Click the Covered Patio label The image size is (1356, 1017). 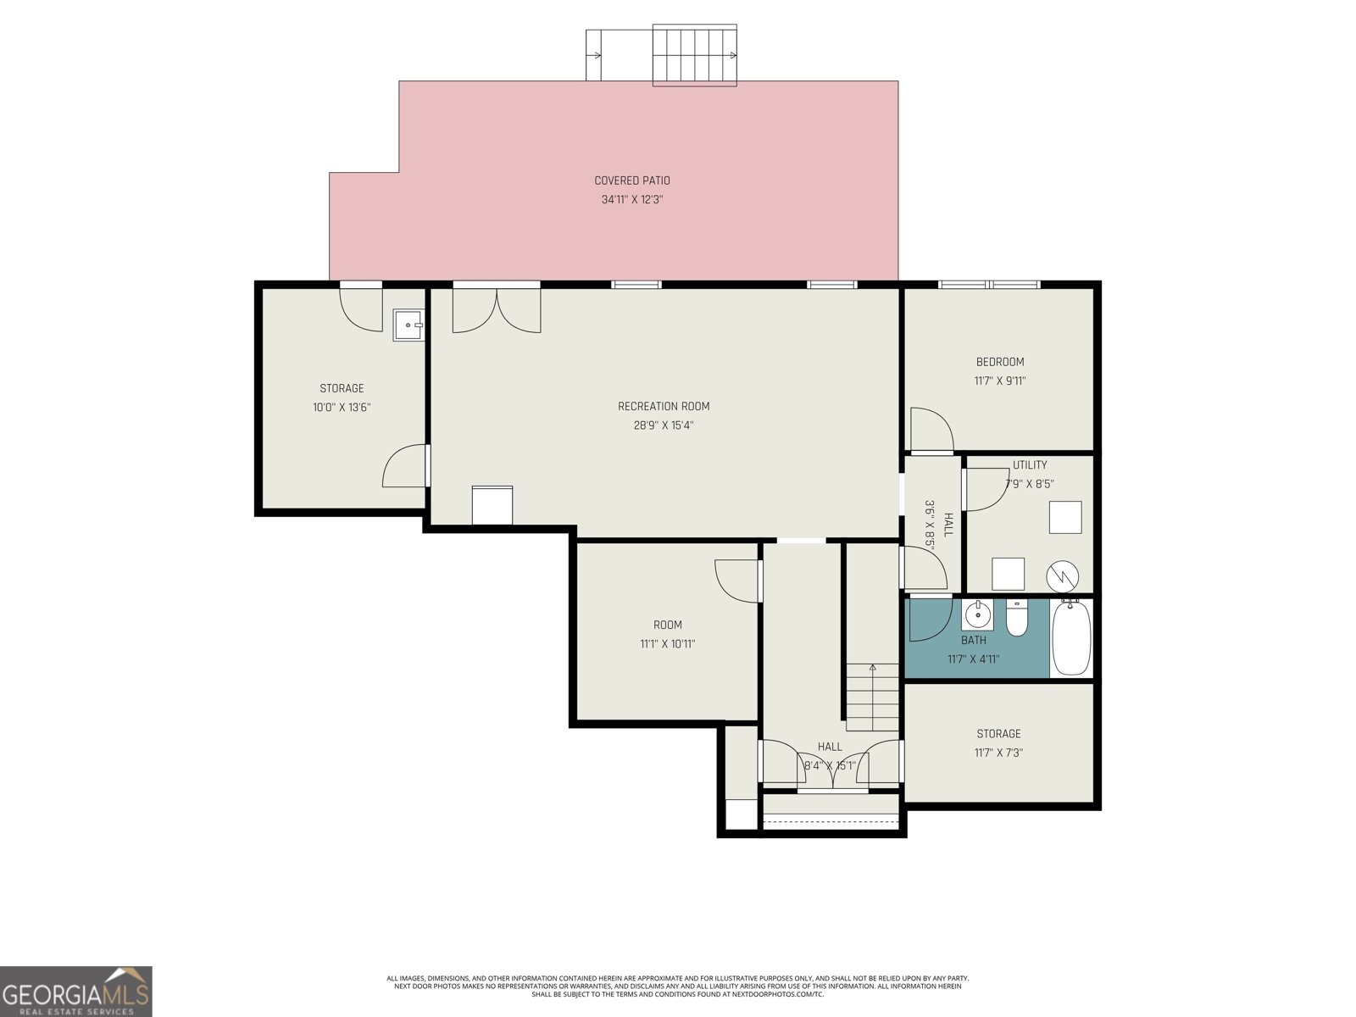[632, 181]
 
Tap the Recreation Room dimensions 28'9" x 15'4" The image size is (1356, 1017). [664, 425]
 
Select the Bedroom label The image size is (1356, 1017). [999, 362]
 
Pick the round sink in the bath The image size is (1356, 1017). [977, 614]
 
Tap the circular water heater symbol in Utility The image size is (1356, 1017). [1063, 577]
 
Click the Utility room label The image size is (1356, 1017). [1030, 465]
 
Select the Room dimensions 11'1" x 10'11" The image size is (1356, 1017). [667, 644]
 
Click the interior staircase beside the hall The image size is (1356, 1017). [872, 697]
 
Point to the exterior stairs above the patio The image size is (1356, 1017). [695, 55]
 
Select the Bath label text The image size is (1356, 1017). [974, 641]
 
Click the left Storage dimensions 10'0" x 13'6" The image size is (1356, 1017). [342, 408]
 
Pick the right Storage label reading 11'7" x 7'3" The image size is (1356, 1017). [998, 752]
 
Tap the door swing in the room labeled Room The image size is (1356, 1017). [736, 581]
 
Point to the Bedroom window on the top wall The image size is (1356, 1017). [989, 285]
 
